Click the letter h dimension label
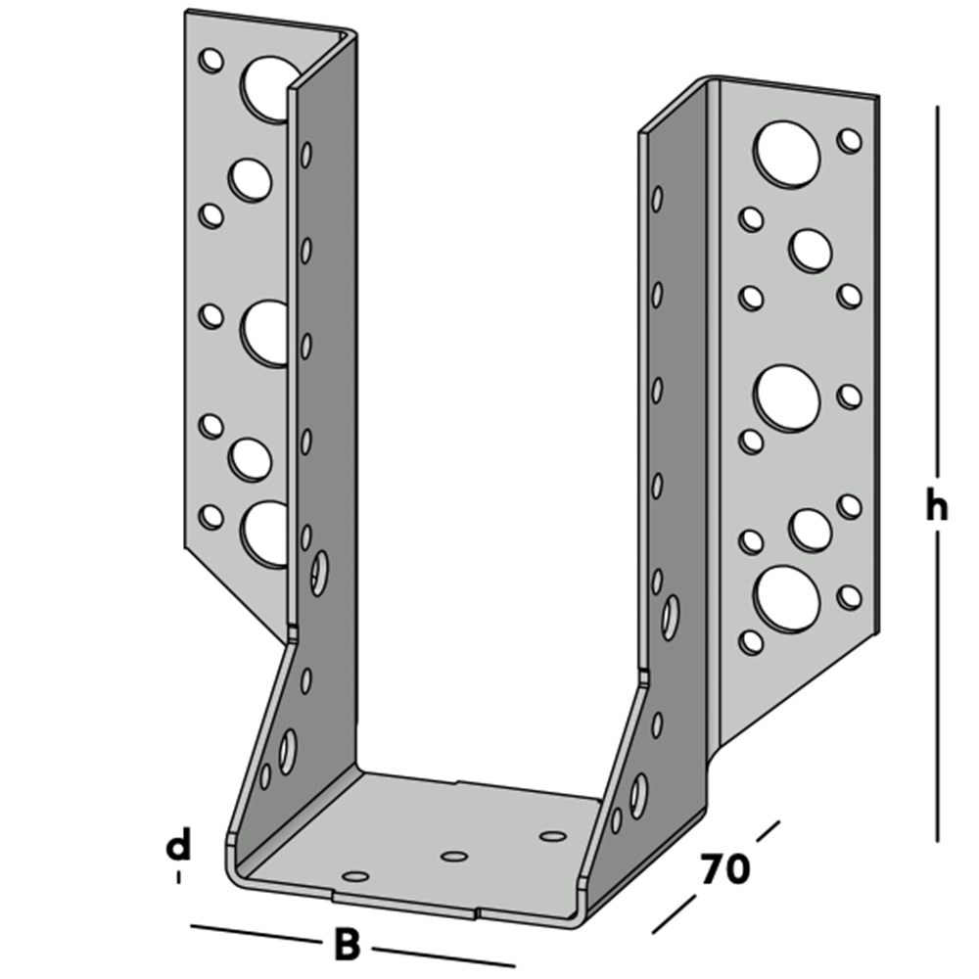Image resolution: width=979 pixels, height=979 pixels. pos(937,507)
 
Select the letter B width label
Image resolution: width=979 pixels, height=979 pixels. pos(347,946)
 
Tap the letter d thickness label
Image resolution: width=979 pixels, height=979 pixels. pos(177,844)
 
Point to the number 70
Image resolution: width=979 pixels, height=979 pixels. pos(724,867)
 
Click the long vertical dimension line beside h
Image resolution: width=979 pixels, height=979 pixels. pos(938,294)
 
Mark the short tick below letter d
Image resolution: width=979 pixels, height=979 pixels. pos(178,877)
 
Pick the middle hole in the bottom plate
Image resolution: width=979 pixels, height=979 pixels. pos(452,857)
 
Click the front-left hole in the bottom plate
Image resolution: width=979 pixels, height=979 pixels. pos(356,874)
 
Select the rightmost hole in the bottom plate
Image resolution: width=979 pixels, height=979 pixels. pos(553,836)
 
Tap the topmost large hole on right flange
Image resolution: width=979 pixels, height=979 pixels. pos(787,154)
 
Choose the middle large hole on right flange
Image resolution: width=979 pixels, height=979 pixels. pos(787,396)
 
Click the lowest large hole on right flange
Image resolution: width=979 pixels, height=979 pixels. pos(787,598)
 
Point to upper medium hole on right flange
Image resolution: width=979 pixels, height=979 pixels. pos(811,250)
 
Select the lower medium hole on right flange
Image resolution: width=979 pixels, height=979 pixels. pos(811,529)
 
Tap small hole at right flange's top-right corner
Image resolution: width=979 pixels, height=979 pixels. pos(850,140)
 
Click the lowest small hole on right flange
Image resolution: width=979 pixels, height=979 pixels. pos(751,641)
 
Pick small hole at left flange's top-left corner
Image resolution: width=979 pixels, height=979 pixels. pos(210,61)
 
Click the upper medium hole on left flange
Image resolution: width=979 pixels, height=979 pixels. pos(250,179)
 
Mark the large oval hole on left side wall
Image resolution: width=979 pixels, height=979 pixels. pos(319,572)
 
